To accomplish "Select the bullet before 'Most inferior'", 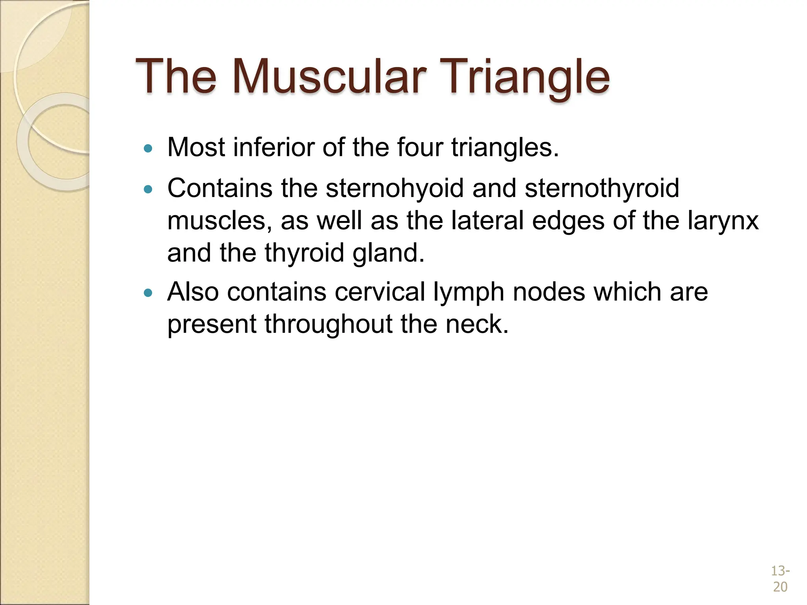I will [148, 149].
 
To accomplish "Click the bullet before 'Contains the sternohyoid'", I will [148, 190].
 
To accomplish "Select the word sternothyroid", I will [602, 188].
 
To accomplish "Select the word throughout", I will [328, 324].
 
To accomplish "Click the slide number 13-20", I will [780, 579].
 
